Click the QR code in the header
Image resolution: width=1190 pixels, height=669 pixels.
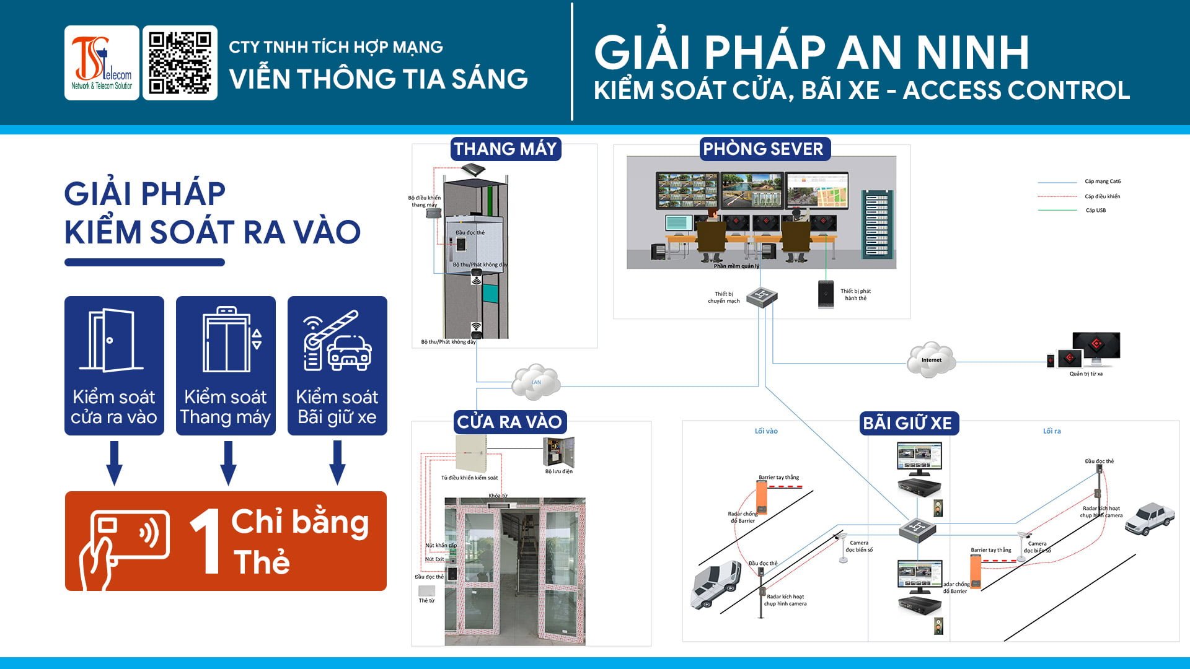pyautogui.click(x=180, y=63)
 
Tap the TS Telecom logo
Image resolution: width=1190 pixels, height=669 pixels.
pyautogui.click(x=102, y=63)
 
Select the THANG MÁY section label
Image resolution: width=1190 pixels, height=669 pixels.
pyautogui.click(x=505, y=149)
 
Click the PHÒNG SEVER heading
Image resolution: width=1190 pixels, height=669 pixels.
pyautogui.click(x=763, y=149)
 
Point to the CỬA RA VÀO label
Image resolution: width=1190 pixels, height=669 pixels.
pyautogui.click(x=509, y=422)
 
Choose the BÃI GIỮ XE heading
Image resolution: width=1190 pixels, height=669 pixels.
pyautogui.click(x=907, y=423)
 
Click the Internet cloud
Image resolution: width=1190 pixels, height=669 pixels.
pyautogui.click(x=931, y=359)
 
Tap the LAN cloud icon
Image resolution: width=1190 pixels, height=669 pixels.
pyautogui.click(x=536, y=382)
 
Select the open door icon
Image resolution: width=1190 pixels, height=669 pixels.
pyautogui.click(x=112, y=340)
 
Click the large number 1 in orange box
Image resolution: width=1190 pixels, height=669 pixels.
pyautogui.click(x=206, y=541)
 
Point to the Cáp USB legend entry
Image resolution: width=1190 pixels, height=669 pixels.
pyautogui.click(x=1095, y=211)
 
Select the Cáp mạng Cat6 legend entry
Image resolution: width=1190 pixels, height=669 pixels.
pyautogui.click(x=1103, y=181)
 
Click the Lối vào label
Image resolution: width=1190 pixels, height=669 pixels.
pyautogui.click(x=766, y=431)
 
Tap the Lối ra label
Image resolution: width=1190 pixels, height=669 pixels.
pyautogui.click(x=1052, y=431)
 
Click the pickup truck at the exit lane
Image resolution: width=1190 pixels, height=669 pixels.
pyautogui.click(x=1149, y=518)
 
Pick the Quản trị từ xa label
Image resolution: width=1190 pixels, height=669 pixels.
pyautogui.click(x=1086, y=374)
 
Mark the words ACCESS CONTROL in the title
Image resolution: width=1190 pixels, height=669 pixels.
pyautogui.click(x=1016, y=90)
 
